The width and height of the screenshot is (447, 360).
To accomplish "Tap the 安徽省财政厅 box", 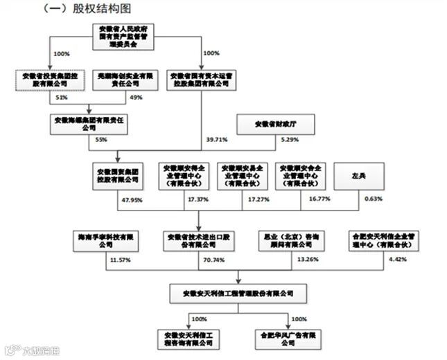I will tap(276, 124).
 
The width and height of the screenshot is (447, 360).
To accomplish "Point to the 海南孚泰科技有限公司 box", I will tap(105, 240).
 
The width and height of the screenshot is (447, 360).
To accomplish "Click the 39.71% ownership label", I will tap(217, 140).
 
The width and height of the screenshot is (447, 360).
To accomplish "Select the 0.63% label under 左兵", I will tap(371, 199).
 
